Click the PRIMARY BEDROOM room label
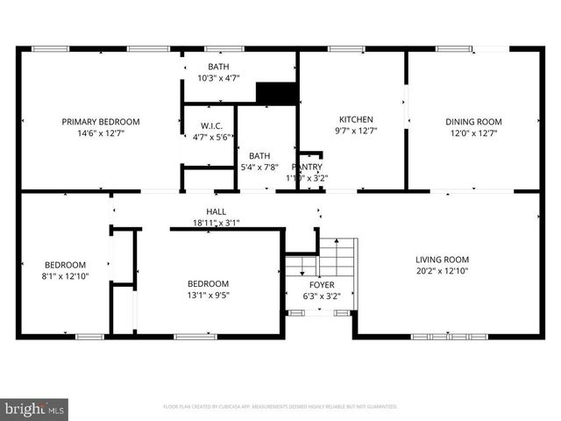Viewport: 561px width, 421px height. tap(100, 122)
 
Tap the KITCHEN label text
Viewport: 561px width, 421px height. tap(356, 119)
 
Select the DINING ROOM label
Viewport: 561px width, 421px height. tap(473, 122)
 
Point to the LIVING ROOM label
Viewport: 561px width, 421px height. tap(442, 260)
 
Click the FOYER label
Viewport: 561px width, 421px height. tap(321, 285)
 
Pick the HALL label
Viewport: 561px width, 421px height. tap(216, 211)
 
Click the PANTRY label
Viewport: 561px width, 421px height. tap(307, 167)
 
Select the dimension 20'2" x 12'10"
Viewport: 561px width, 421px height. tap(442, 272)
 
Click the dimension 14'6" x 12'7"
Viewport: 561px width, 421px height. tap(100, 134)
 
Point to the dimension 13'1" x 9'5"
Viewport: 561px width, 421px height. tap(208, 296)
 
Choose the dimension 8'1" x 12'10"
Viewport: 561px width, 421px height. tap(66, 277)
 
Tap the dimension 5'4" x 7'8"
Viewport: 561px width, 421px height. tap(259, 168)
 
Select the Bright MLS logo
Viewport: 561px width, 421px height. tap(34, 409)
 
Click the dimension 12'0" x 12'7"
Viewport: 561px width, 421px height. tap(473, 134)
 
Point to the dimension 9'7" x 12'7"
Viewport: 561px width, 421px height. tap(356, 132)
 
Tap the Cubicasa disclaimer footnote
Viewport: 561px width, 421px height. tap(280, 407)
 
